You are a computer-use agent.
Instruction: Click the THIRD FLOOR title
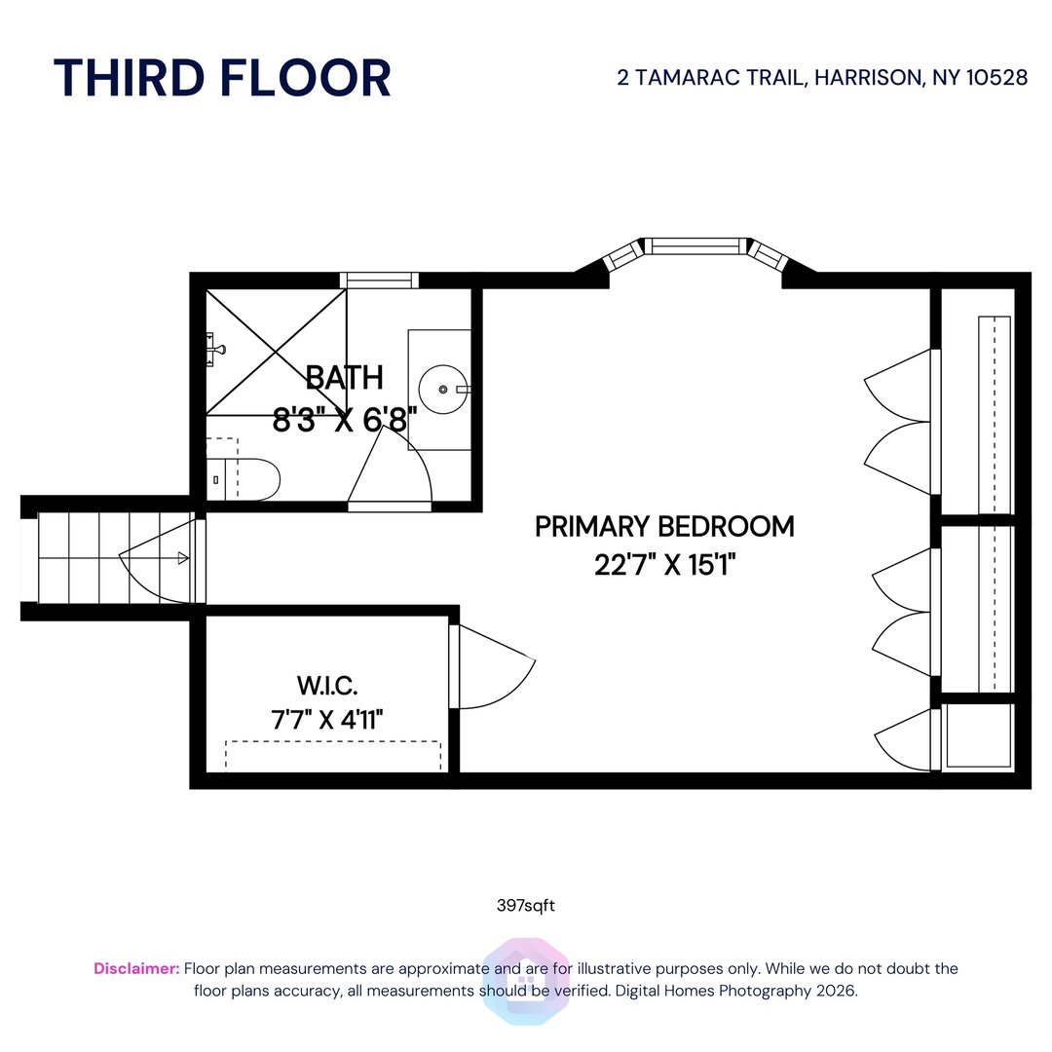(222, 78)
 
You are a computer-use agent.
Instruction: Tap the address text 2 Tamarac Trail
(822, 78)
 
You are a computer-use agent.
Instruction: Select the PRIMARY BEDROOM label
(664, 527)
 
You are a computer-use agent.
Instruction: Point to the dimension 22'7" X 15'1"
(664, 565)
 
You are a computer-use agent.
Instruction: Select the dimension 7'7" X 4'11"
(327, 720)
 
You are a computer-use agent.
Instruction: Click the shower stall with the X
(277, 351)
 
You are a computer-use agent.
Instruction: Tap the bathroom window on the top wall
(379, 281)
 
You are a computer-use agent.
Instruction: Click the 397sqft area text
(525, 905)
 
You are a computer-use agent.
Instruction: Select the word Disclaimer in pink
(136, 968)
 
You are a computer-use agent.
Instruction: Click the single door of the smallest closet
(907, 741)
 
